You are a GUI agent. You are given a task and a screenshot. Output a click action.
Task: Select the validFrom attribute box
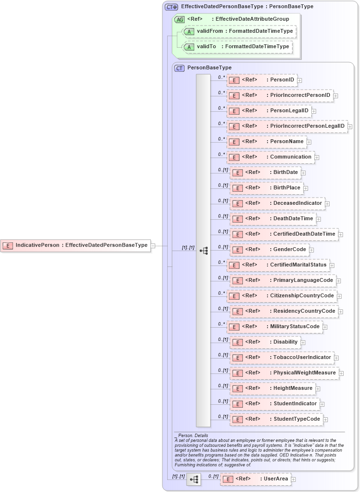[x=239, y=31]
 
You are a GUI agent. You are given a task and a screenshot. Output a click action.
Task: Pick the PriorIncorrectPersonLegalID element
[x=287, y=126]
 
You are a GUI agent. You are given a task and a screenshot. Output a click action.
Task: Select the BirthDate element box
[x=265, y=173]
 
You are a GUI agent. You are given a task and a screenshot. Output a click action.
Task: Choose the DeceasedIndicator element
[x=277, y=203]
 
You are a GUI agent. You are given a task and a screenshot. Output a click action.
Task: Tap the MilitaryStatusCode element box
[x=274, y=327]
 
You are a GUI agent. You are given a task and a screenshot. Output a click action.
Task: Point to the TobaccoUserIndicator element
[x=281, y=358]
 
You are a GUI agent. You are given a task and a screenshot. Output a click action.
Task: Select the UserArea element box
[x=255, y=479]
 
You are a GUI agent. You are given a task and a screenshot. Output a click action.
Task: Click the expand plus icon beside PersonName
[x=309, y=142]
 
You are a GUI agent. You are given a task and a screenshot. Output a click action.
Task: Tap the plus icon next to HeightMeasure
[x=318, y=389]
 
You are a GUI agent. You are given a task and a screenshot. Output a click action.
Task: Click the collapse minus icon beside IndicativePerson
[x=153, y=246]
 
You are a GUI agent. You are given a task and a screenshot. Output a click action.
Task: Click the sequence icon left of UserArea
[x=194, y=479]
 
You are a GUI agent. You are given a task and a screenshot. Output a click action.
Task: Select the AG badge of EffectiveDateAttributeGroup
[x=179, y=19]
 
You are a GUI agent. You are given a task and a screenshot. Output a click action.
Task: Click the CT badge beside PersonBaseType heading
[x=179, y=68]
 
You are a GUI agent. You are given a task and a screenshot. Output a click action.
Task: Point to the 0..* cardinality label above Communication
[x=221, y=154]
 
